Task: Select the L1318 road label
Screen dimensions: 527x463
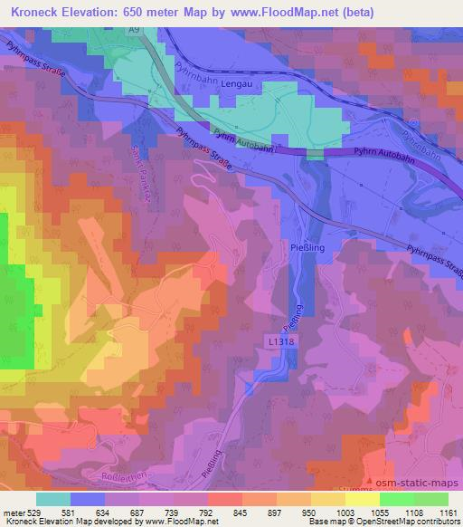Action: pyautogui.click(x=281, y=341)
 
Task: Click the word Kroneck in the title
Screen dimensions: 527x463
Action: pyautogui.click(x=33, y=9)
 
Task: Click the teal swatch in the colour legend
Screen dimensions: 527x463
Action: pyautogui.click(x=53, y=499)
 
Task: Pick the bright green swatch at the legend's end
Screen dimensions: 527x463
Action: pyautogui.click(x=430, y=499)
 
